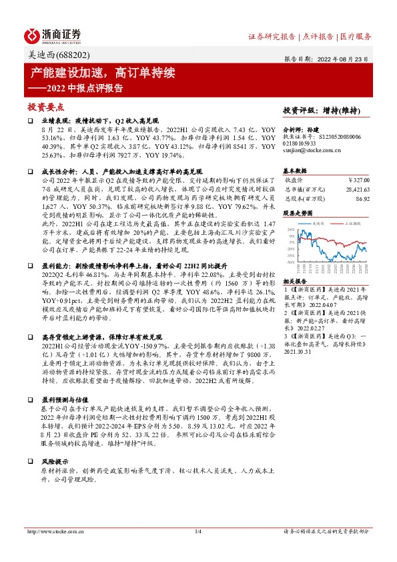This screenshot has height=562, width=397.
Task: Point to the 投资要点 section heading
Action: click(x=46, y=105)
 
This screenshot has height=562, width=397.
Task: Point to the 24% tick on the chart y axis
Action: click(x=291, y=228)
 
